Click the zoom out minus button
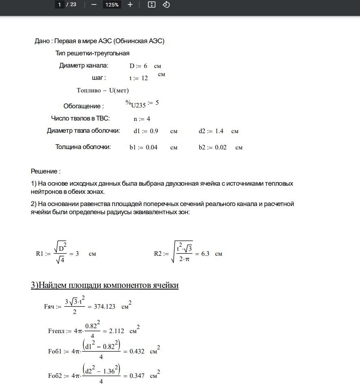pyautogui.click(x=94, y=4)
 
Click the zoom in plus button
pyautogui.click(x=130, y=4)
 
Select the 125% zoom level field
pyautogui.click(x=111, y=5)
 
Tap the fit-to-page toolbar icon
pyautogui.click(x=152, y=4)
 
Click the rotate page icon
pyautogui.click(x=166, y=4)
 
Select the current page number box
pyautogui.click(x=60, y=5)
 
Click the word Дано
pyautogui.click(x=42, y=41)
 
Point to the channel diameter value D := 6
pyautogui.click(x=138, y=66)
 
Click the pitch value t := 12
pyautogui.click(x=139, y=78)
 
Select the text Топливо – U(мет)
pyautogui.click(x=103, y=90)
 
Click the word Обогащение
pyautogui.click(x=83, y=106)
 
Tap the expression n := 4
pyautogui.click(x=142, y=119)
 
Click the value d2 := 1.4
pyautogui.click(x=211, y=131)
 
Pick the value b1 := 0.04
pyautogui.click(x=144, y=147)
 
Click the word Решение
pyautogui.click(x=45, y=171)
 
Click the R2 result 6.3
pyautogui.click(x=205, y=254)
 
